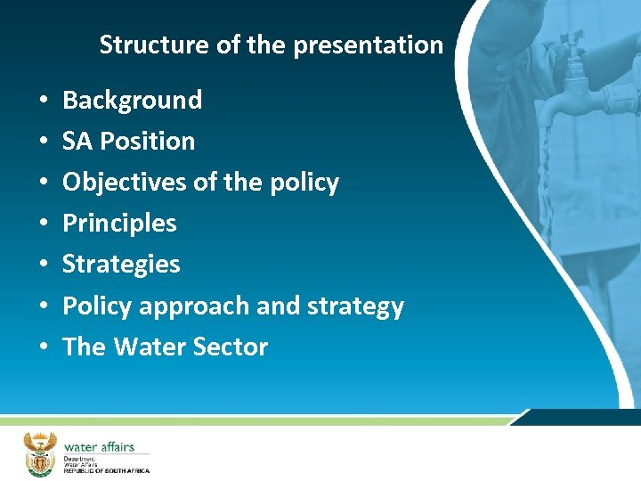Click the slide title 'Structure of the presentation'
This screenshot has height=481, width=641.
[x=271, y=45]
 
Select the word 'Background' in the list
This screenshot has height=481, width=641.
[x=132, y=100]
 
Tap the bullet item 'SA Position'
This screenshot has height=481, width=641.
[x=128, y=141]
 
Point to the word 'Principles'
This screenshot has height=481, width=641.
[x=119, y=223]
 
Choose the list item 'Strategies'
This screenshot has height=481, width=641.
[x=121, y=264]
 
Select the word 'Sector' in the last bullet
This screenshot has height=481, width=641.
[x=234, y=346]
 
